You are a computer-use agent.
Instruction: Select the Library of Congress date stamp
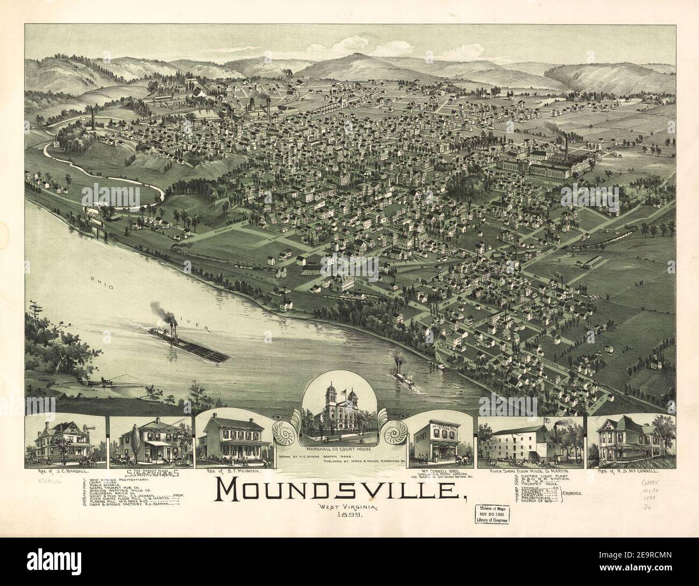(x=494, y=518)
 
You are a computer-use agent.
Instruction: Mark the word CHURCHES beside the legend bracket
(x=576, y=493)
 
